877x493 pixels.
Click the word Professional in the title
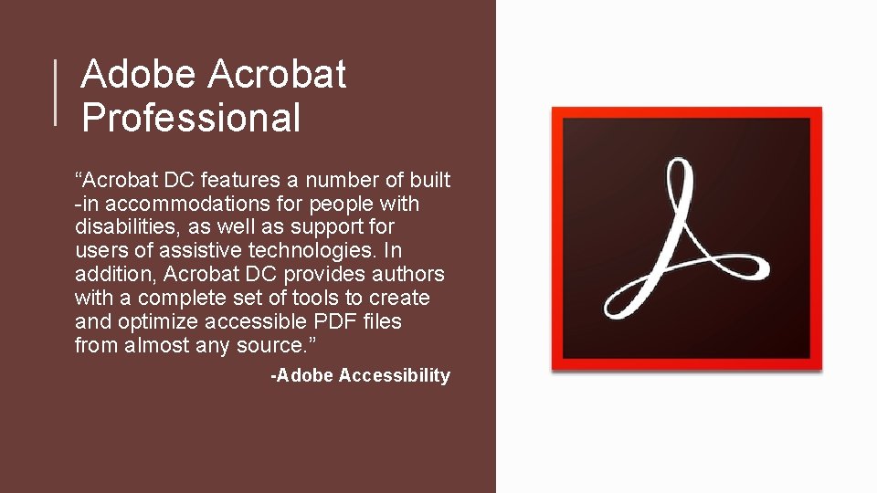(190, 118)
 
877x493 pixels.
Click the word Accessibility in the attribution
(394, 375)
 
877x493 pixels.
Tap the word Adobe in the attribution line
(305, 375)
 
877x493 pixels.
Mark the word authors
(410, 274)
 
